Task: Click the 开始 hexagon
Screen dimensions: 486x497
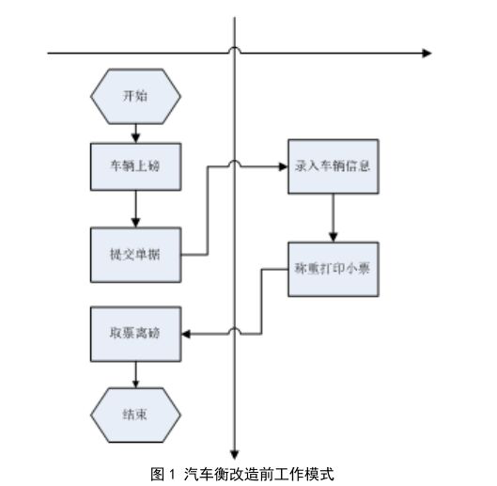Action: click(x=135, y=97)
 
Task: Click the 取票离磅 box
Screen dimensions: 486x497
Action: click(x=135, y=335)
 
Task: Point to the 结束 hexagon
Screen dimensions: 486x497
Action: click(x=135, y=413)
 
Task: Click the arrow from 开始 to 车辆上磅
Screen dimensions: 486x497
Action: click(x=136, y=130)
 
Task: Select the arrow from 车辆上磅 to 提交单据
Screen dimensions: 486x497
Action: click(x=136, y=209)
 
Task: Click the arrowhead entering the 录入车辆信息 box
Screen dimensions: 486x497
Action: click(x=282, y=166)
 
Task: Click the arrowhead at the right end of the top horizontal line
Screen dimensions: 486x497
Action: click(x=427, y=54)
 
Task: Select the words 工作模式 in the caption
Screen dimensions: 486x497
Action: click(x=306, y=474)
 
